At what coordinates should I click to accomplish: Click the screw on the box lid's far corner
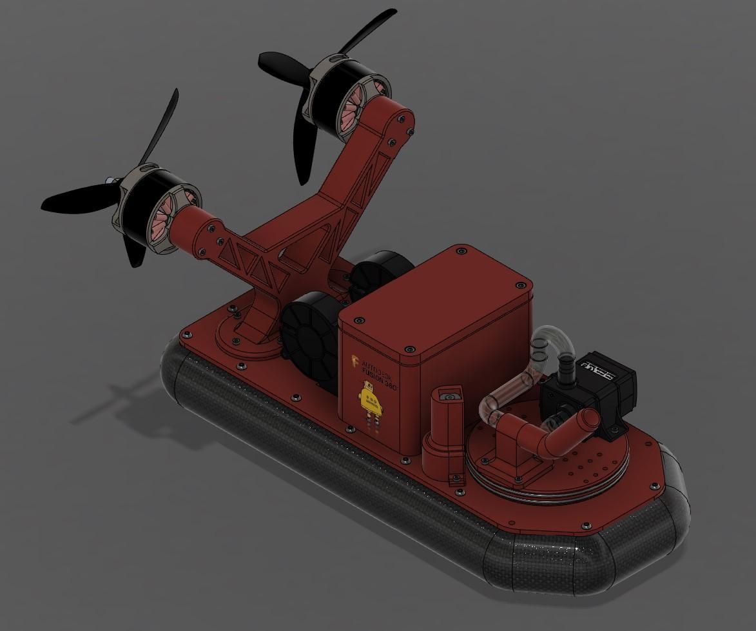(461, 249)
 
